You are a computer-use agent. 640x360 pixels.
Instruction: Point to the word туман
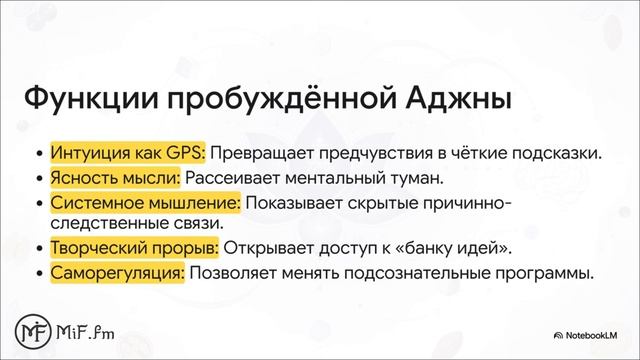point(413,179)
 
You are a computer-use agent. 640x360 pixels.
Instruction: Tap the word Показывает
point(296,204)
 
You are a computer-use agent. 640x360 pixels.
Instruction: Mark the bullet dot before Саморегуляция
point(39,273)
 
